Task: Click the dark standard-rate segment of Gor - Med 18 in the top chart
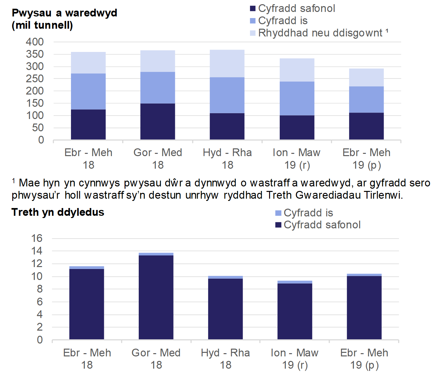click(x=158, y=122)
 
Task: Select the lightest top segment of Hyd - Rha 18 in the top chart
click(x=227, y=64)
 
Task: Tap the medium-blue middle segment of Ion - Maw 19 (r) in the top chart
click(x=297, y=98)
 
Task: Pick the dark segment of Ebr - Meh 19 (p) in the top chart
click(x=366, y=126)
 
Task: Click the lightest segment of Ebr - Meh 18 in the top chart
click(x=88, y=63)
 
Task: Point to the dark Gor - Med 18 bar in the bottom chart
click(x=156, y=297)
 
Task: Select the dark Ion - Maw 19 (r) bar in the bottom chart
click(x=295, y=311)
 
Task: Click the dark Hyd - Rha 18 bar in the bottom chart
click(x=225, y=309)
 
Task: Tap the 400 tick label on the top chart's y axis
click(x=35, y=42)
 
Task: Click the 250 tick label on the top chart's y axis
click(x=35, y=79)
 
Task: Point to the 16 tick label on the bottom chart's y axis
click(x=37, y=238)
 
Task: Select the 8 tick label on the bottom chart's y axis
click(x=40, y=289)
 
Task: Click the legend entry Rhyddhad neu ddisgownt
click(x=320, y=33)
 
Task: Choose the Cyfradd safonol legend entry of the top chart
click(x=296, y=8)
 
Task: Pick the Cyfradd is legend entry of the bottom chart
click(x=308, y=213)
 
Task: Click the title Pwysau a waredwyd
click(x=64, y=13)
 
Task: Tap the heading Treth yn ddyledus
click(x=58, y=212)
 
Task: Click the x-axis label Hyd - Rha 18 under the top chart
click(x=227, y=158)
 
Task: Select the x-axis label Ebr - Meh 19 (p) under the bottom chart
click(x=364, y=359)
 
